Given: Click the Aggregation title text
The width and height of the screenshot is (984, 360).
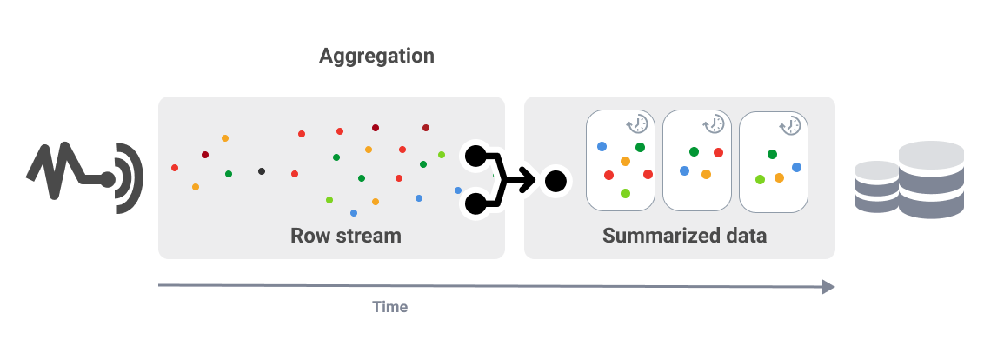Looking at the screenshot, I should [376, 57].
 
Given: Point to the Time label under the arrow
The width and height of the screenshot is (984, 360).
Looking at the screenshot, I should [389, 307].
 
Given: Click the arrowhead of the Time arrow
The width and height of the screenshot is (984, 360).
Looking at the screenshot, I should [828, 286].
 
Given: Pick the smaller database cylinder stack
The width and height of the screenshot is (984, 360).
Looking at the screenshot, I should [876, 187].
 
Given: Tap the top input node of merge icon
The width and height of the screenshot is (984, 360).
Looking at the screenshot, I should [475, 157].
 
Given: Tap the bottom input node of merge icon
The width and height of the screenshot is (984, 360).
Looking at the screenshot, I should [475, 204].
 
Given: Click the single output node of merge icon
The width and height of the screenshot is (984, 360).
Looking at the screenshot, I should [555, 181].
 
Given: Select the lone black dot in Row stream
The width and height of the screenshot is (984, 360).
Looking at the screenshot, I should [262, 171].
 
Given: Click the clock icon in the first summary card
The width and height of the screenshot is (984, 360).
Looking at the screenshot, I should [637, 123].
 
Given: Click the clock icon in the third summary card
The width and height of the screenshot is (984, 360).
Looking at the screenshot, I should [790, 126].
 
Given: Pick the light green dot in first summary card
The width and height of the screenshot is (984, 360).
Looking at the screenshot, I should [625, 193].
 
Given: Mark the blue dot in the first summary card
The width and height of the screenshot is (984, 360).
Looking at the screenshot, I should [602, 146].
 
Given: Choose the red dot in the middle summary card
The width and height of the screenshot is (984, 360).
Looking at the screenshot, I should [718, 153].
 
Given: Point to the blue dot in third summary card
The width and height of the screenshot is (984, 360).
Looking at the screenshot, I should [796, 167].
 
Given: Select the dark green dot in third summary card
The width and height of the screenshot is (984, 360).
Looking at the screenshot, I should [772, 154].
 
